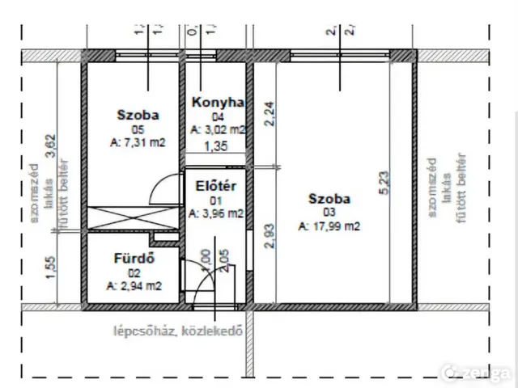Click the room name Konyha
[x=219, y=103]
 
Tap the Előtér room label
[x=215, y=186]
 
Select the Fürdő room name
[x=134, y=259]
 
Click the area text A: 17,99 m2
[x=329, y=226]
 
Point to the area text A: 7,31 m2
[x=138, y=142]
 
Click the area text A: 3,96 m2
[x=216, y=213]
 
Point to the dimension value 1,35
[x=214, y=147]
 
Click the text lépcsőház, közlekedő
[x=179, y=330]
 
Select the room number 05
[x=137, y=129]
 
